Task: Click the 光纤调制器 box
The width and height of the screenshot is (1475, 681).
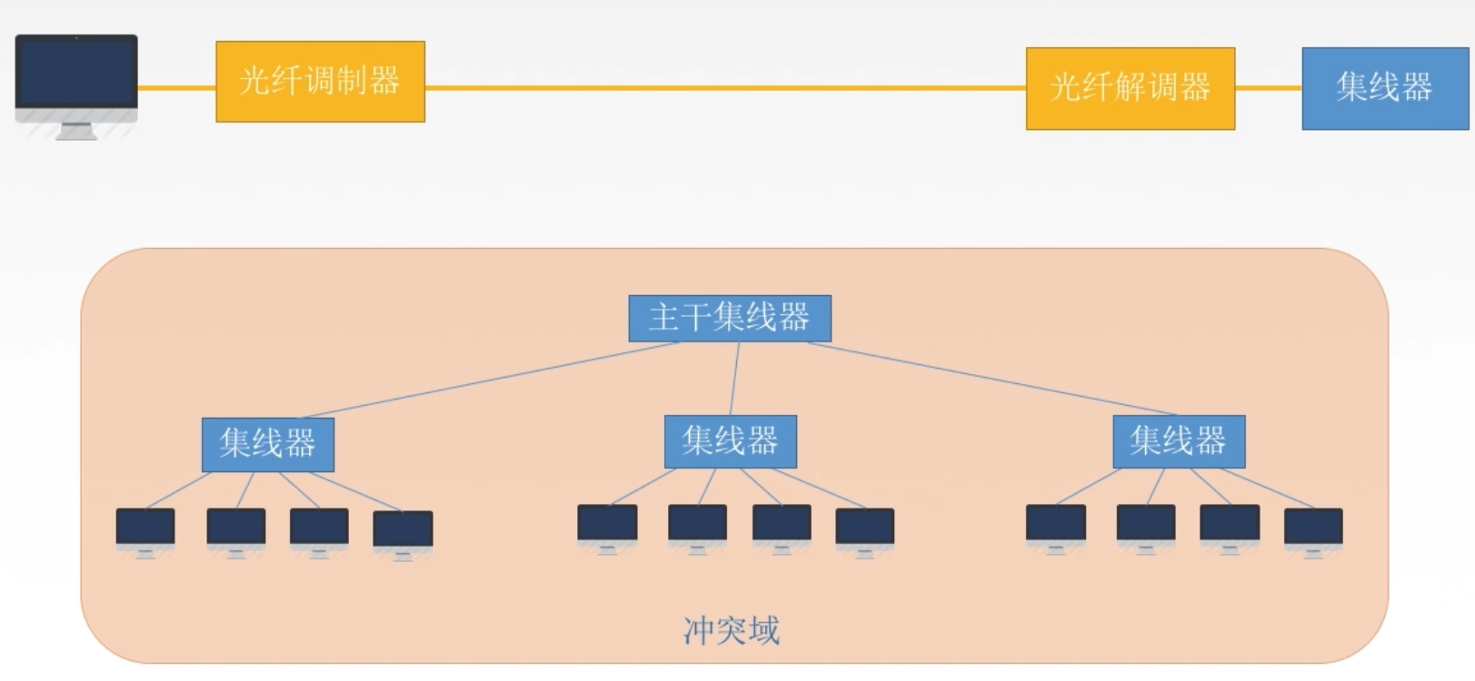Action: [x=320, y=82]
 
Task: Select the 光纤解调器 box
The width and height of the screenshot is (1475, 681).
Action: [x=1130, y=88]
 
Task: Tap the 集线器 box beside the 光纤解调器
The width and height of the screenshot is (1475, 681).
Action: [x=1384, y=88]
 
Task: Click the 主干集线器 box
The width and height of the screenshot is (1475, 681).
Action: [x=729, y=318]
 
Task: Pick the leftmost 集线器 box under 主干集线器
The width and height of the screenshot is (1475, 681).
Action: [x=267, y=444]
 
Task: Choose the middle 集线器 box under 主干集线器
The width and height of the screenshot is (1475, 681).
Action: [x=730, y=441]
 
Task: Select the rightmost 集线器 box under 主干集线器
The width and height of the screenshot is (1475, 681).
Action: [x=1178, y=441]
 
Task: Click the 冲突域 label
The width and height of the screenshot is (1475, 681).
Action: [x=731, y=630]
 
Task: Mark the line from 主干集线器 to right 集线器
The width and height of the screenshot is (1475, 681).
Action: [x=991, y=379]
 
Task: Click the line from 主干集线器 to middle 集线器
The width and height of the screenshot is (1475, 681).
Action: [x=735, y=379]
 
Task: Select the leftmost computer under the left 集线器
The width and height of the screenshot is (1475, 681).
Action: [x=145, y=529]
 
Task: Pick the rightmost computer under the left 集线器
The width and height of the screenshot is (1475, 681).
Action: [x=403, y=532]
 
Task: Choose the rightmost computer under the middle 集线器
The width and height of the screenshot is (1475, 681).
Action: [x=864, y=529]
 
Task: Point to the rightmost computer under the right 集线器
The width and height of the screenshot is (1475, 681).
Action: [x=1312, y=529]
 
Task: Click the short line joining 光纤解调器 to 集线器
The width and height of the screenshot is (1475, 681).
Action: [x=1268, y=88]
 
